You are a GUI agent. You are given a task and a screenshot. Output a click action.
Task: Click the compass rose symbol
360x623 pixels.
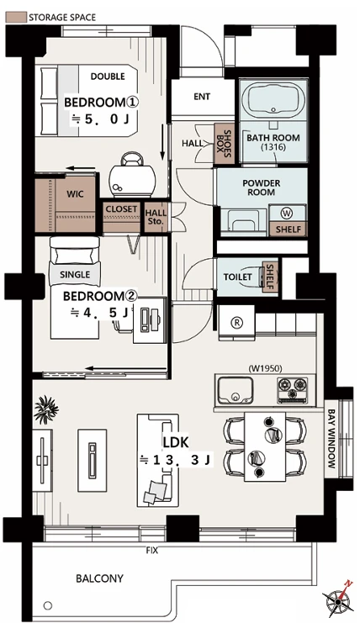click(338, 600)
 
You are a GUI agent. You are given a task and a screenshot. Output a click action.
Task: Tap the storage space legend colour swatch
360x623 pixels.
click(15, 17)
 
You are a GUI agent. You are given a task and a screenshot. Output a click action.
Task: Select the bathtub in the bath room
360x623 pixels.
click(273, 99)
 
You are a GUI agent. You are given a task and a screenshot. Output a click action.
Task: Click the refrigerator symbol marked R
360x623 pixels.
click(237, 322)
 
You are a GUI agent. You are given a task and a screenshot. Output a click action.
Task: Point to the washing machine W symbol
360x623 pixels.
click(287, 214)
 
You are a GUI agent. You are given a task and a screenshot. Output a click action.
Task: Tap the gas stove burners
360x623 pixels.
click(293, 388)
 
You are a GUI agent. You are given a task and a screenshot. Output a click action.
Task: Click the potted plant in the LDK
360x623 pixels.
click(46, 409)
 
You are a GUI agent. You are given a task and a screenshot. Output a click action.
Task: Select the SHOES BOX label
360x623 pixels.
click(225, 143)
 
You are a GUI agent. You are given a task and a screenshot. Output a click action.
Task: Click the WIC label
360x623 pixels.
click(75, 194)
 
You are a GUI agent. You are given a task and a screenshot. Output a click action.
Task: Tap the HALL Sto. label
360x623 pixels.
click(156, 217)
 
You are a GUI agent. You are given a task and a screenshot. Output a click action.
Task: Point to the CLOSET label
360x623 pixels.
click(121, 209)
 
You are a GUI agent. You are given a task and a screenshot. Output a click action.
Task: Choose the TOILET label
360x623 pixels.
click(237, 277)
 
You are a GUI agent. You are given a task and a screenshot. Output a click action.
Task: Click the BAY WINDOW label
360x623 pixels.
click(331, 439)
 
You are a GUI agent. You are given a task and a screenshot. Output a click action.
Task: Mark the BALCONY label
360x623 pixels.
click(100, 578)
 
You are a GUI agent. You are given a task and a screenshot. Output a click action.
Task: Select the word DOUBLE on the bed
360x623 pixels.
click(108, 77)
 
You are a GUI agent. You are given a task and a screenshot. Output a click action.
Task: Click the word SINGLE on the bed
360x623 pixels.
click(75, 275)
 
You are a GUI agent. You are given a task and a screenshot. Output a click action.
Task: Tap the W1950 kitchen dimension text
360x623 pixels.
click(266, 368)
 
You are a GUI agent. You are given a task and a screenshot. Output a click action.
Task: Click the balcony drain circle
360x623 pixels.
click(48, 606)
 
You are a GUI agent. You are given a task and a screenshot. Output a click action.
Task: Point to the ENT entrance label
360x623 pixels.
click(202, 97)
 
